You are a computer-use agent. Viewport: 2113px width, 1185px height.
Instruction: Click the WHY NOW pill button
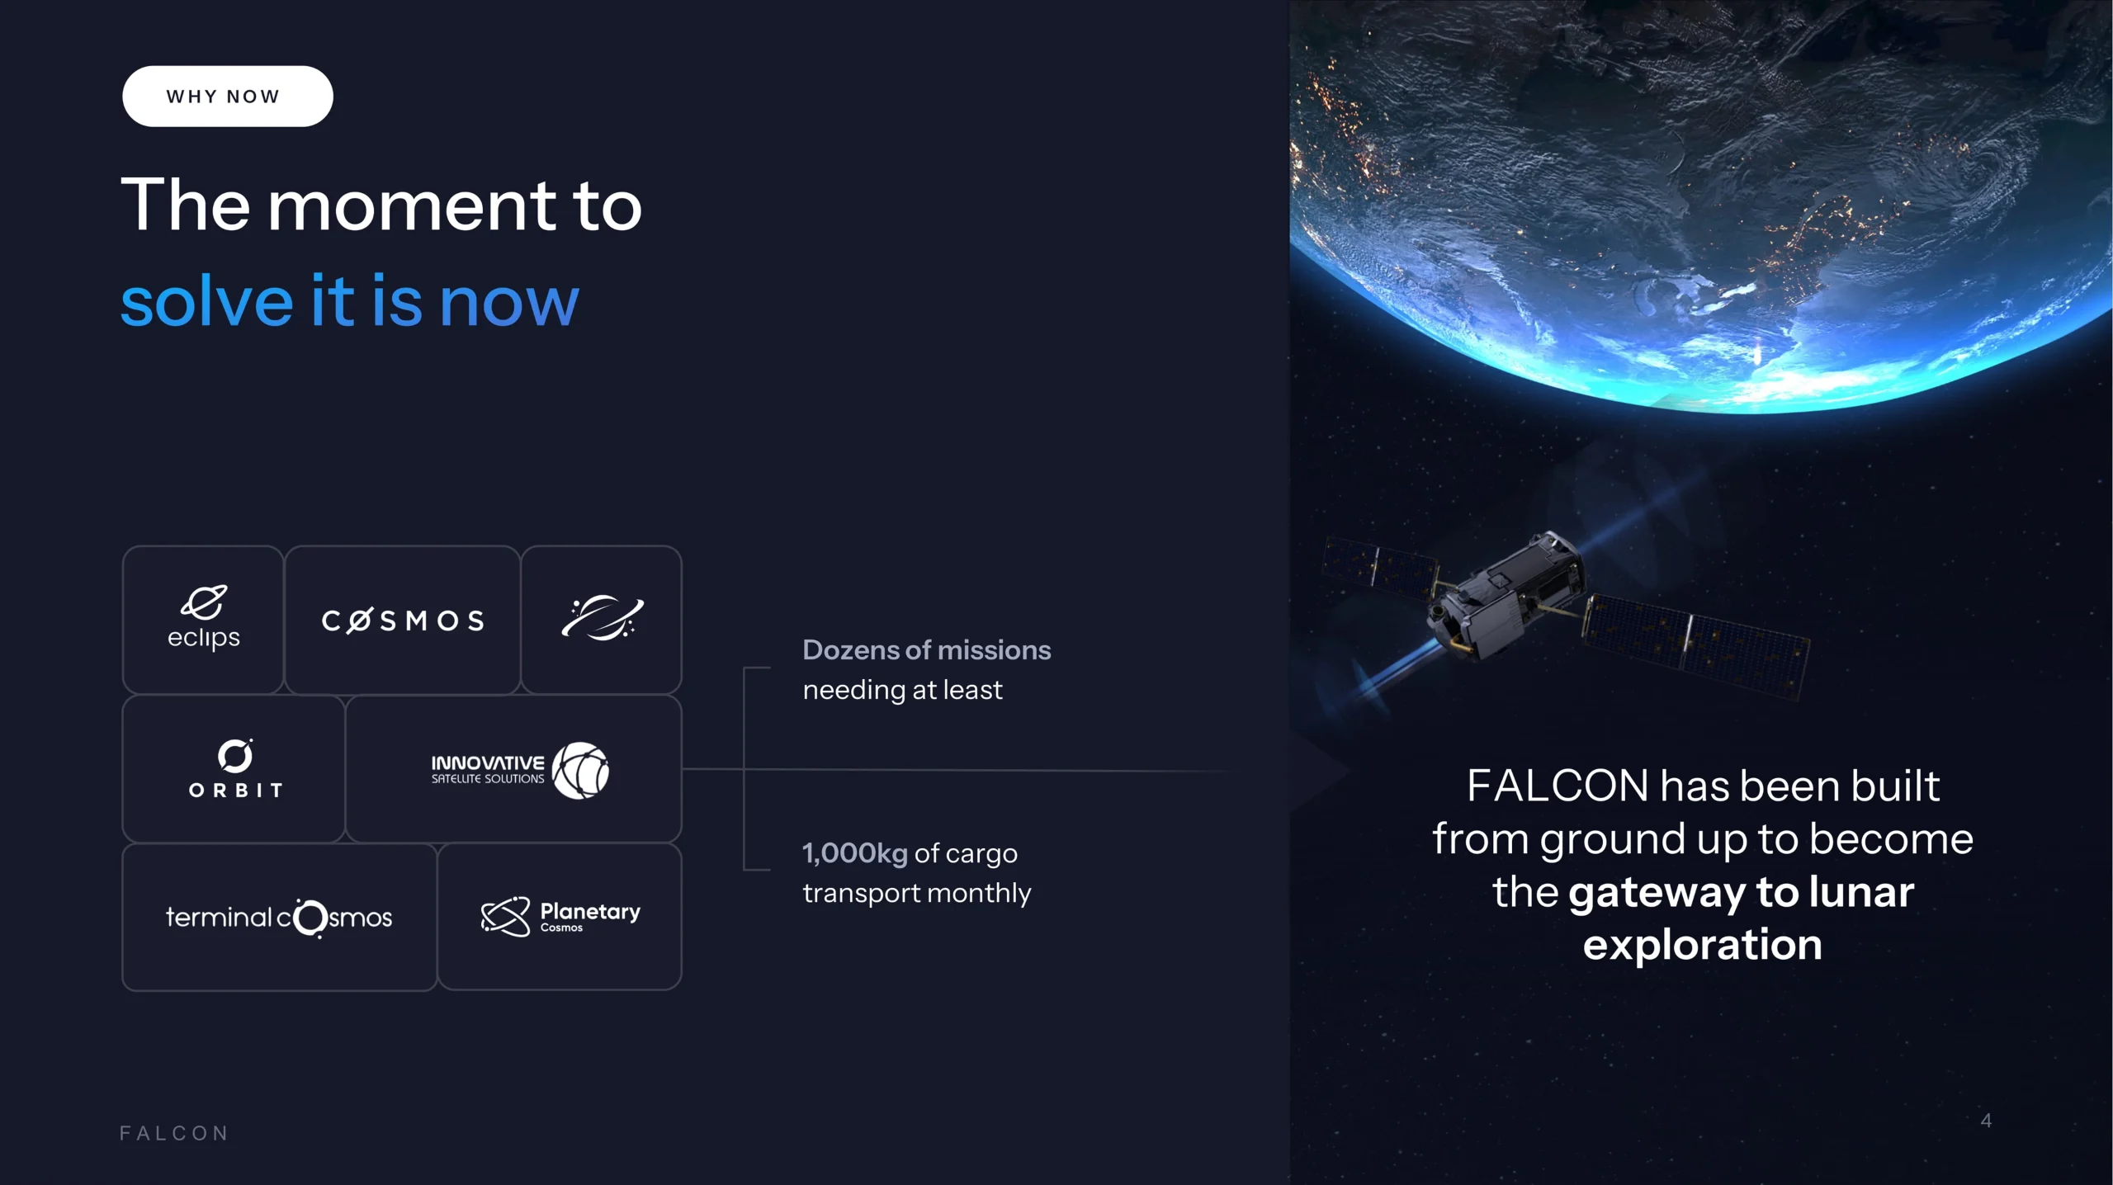click(x=227, y=97)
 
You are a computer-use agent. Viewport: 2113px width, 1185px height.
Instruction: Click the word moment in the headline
click(x=413, y=205)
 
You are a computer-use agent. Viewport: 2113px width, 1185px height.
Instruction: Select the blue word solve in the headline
click(x=207, y=301)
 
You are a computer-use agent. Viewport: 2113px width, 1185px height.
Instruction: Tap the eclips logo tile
click(x=203, y=619)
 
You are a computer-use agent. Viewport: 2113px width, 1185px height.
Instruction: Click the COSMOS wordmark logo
click(x=403, y=621)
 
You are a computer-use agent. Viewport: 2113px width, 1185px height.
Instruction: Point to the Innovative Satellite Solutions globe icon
click(x=580, y=770)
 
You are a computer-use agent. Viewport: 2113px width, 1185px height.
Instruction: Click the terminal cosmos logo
click(x=279, y=918)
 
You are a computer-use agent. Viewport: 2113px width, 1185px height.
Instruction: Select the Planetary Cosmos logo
click(x=560, y=917)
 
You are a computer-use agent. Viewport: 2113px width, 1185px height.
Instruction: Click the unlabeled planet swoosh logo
click(x=602, y=617)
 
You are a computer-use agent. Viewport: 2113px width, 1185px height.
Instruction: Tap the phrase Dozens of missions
click(x=927, y=650)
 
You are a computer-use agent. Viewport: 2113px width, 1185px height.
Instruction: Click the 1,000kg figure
click(x=855, y=853)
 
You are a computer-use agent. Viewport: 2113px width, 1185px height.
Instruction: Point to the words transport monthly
click(x=917, y=893)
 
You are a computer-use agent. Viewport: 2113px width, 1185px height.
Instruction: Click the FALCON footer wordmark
click(x=174, y=1133)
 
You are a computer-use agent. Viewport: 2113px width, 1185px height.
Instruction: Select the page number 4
click(x=1986, y=1121)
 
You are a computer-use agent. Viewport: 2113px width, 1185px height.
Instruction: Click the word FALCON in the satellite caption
click(x=1558, y=785)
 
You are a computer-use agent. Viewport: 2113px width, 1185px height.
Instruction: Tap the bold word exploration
click(x=1702, y=944)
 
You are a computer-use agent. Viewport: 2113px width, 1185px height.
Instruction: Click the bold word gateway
click(x=1657, y=892)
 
